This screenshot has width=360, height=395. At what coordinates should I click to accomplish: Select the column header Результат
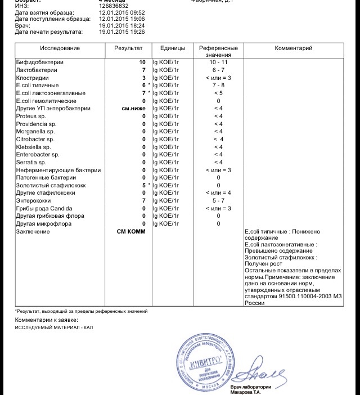(x=128, y=48)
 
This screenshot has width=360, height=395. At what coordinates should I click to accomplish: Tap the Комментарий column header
(x=293, y=48)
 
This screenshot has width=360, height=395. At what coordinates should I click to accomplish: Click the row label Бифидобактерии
(x=40, y=62)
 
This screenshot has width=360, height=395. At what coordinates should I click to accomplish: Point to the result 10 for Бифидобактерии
(x=142, y=62)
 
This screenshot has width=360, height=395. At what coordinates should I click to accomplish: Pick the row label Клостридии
(x=34, y=78)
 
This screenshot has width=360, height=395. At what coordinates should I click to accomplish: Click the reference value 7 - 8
(x=218, y=85)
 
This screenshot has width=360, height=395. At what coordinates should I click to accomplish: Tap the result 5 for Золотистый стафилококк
(x=143, y=185)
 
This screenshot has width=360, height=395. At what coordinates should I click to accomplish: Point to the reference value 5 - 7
(x=218, y=200)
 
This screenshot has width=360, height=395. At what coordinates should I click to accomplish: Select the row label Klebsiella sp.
(x=36, y=147)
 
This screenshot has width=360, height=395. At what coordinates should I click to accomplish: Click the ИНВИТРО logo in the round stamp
(x=206, y=361)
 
